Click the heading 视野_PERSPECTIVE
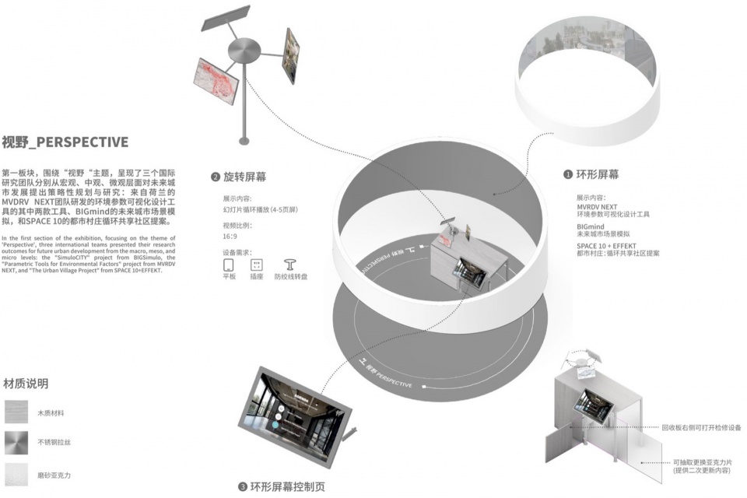pyautogui.click(x=65, y=142)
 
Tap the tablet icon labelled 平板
pyautogui.click(x=229, y=264)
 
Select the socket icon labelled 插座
pyautogui.click(x=257, y=264)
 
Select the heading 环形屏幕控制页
pyautogui.click(x=286, y=487)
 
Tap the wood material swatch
pyautogui.click(x=16, y=412)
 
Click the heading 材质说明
pyautogui.click(x=26, y=384)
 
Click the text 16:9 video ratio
pyautogui.click(x=230, y=237)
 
